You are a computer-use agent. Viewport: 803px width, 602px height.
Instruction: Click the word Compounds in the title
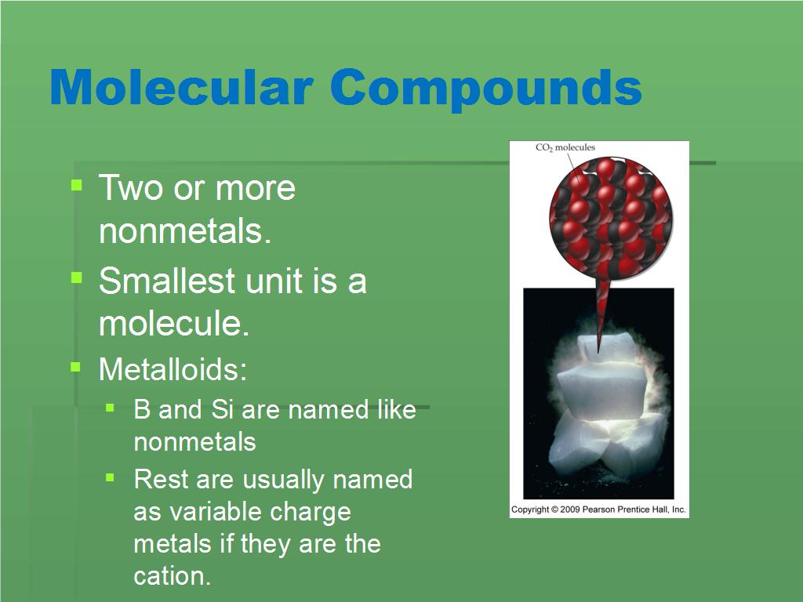point(486,88)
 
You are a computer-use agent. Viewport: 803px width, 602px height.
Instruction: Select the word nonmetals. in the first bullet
point(185,231)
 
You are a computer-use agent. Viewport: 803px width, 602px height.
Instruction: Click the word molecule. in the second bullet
point(174,324)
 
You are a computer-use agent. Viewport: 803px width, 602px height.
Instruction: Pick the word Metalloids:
point(173,369)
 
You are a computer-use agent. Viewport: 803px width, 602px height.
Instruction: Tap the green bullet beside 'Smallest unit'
point(76,278)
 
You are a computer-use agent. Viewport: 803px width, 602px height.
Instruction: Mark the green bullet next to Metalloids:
point(76,367)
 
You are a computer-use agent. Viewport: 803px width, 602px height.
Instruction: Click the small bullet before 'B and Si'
point(111,408)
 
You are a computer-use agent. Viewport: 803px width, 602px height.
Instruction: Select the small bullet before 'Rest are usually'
point(111,477)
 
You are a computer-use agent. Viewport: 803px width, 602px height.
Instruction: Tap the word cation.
point(173,576)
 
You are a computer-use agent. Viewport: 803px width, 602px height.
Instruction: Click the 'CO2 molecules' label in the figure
point(565,147)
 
